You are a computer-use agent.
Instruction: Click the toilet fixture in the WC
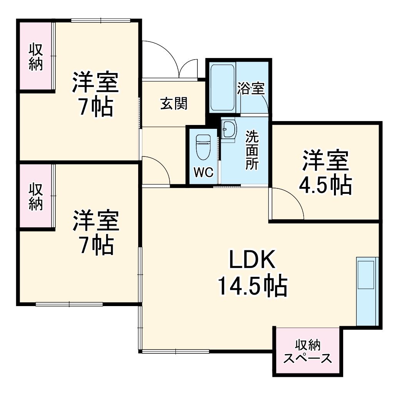point(203,147)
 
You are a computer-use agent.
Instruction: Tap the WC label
point(203,173)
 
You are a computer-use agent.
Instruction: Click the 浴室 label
point(250,88)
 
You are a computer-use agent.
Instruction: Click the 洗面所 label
point(252,150)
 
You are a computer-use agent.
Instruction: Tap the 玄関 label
point(174,103)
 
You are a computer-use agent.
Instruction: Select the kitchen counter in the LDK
point(367,291)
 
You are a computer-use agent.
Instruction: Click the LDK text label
point(252,260)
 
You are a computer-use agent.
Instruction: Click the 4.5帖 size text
point(325,185)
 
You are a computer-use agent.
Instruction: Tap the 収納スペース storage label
point(308,352)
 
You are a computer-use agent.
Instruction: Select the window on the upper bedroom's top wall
point(101,20)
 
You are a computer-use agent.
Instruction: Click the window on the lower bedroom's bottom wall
point(69,304)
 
